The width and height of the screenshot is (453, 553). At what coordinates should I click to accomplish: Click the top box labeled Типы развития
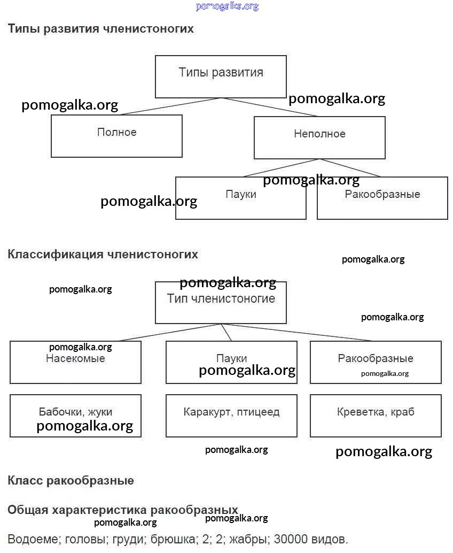[221, 76]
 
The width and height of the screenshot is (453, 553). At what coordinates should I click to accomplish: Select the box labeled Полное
[116, 136]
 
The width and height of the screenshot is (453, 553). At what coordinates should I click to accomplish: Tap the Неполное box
[319, 137]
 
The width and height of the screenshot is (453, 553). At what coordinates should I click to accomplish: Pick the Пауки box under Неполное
[241, 198]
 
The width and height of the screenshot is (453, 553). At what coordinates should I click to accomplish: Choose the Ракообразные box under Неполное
[382, 198]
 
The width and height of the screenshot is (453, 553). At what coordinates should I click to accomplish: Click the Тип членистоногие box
[221, 302]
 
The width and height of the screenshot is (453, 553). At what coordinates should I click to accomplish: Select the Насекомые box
[75, 362]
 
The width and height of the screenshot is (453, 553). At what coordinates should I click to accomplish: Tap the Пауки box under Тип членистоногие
[231, 362]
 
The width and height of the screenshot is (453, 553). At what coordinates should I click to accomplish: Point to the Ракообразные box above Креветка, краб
[376, 362]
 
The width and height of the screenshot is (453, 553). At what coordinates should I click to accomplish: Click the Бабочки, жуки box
[75, 416]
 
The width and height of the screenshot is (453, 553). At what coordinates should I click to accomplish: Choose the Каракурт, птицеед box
[231, 416]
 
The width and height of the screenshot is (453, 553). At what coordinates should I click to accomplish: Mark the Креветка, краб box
[376, 416]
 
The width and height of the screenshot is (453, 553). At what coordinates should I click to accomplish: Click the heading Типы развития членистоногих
[100, 29]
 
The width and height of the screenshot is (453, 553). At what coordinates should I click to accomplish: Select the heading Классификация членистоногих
[103, 254]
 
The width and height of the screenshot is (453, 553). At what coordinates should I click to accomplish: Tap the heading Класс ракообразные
[71, 480]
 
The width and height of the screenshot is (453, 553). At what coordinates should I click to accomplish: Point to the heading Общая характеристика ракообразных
[122, 510]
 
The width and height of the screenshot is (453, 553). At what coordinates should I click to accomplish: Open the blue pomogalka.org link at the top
[227, 6]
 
